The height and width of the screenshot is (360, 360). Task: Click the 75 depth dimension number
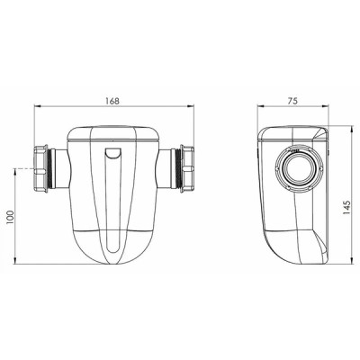(x=293, y=99)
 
